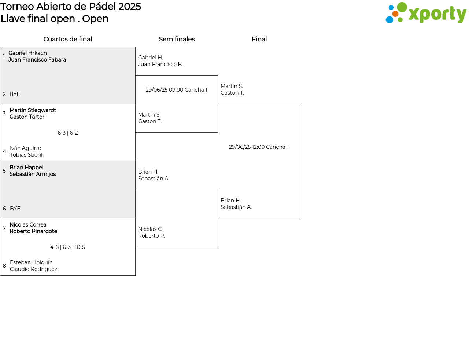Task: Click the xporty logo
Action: point(426,13)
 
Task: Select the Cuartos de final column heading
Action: point(68,39)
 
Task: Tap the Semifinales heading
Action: point(177,39)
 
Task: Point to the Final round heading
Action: point(259,39)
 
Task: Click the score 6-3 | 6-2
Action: point(67,133)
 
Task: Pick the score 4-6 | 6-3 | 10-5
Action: point(67,247)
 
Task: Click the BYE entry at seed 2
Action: point(15,94)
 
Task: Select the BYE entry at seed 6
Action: point(15,209)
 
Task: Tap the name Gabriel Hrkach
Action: point(27,53)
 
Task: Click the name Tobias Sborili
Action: point(27,155)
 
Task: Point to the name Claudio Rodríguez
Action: point(33,269)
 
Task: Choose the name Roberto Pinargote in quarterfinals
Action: point(33,231)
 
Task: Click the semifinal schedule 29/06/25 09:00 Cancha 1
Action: point(176,90)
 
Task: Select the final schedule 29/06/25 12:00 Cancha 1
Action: point(259,147)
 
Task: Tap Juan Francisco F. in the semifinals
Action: point(160,64)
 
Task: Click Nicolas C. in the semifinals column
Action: point(151,229)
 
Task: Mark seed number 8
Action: point(4,266)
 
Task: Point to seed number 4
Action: point(4,151)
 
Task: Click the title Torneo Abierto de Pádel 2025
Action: point(71,7)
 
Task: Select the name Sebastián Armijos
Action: point(33,174)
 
